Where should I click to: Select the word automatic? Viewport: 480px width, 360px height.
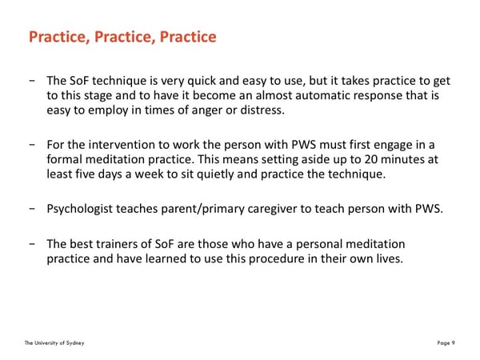tap(322, 95)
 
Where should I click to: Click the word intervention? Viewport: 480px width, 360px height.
tap(122, 145)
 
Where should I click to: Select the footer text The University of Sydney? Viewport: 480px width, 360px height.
tap(54, 343)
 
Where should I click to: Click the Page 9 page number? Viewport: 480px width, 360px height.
tap(446, 343)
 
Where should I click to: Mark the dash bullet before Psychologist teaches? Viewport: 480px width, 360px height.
tap(32, 209)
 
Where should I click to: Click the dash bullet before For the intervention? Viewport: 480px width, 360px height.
tap(32, 145)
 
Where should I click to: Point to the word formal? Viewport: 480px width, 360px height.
tap(64, 159)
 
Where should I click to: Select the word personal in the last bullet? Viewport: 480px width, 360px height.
tap(318, 245)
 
